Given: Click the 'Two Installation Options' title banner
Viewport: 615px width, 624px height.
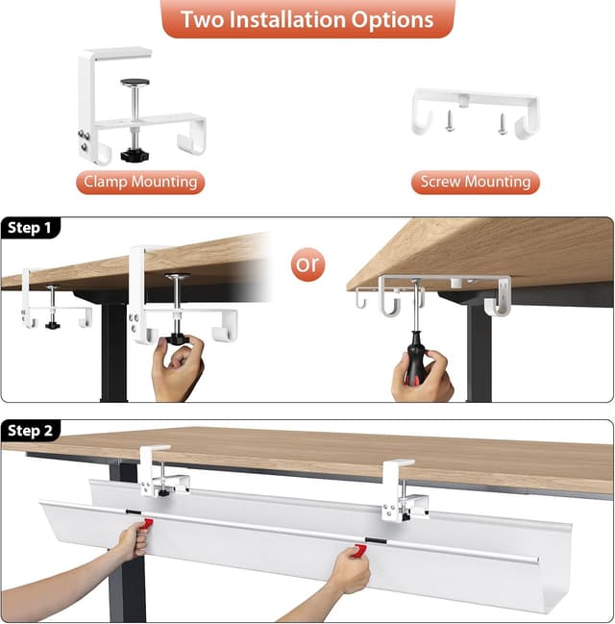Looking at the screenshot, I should point(307,19).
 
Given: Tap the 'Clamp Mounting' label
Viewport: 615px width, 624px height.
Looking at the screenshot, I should point(140,182).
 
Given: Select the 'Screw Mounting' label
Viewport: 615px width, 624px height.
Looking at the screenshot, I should point(475,182).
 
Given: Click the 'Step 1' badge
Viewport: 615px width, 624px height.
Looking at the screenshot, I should point(30,228).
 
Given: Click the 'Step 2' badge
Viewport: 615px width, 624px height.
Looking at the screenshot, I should point(30,431).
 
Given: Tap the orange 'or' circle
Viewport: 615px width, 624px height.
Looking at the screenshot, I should point(308,263).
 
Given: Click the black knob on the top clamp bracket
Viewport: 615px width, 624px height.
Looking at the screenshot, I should point(133,154).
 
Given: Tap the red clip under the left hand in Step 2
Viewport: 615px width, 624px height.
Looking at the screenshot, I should point(146,525).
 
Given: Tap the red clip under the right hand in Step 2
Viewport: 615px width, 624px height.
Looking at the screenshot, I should point(358,550).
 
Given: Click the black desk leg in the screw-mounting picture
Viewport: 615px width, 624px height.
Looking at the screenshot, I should point(479,356).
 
